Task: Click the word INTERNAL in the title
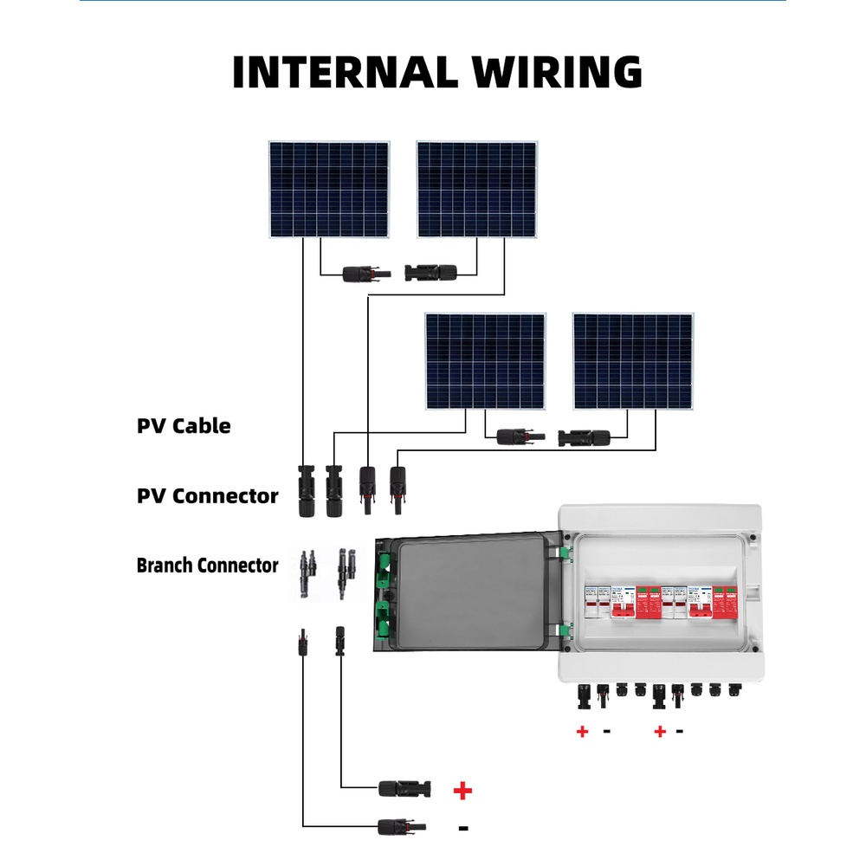click(339, 72)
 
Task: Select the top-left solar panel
click(328, 190)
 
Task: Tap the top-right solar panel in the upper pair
click(476, 190)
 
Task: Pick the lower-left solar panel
click(485, 361)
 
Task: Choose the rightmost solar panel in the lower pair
click(633, 361)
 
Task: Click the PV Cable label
click(184, 426)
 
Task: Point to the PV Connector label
click(208, 496)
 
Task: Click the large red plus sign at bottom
click(463, 790)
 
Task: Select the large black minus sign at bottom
click(463, 829)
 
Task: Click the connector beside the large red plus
click(404, 788)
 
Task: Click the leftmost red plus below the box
click(582, 732)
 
